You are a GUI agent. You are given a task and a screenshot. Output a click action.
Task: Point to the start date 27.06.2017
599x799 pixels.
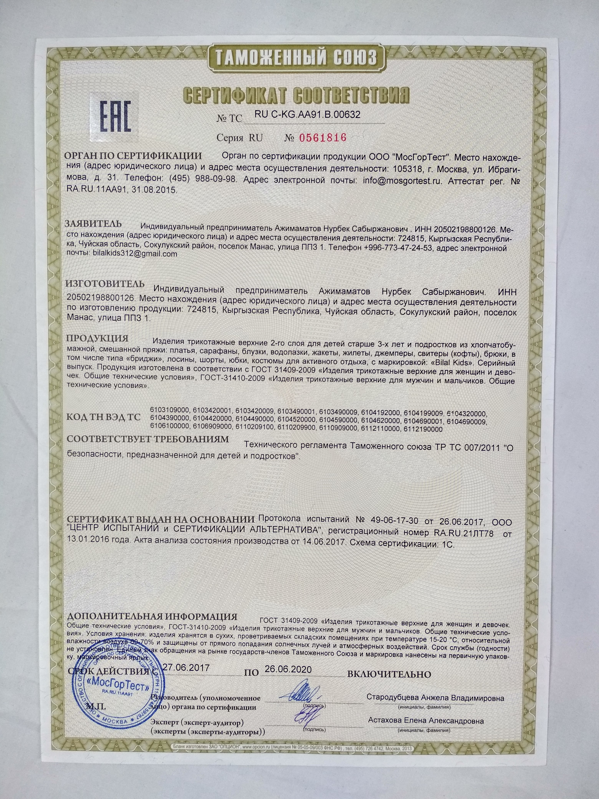click(x=186, y=667)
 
